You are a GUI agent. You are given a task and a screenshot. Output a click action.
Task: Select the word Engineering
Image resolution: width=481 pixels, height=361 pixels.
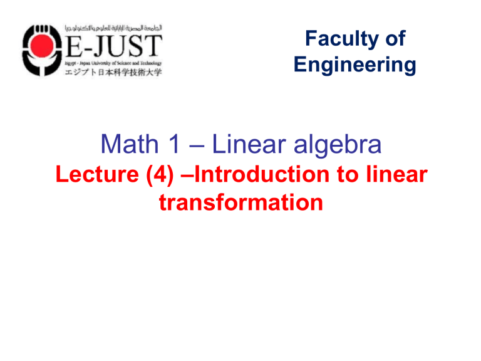[x=354, y=65]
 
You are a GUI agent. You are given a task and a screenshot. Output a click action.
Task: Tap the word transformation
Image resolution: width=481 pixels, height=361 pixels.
[x=237, y=202]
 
